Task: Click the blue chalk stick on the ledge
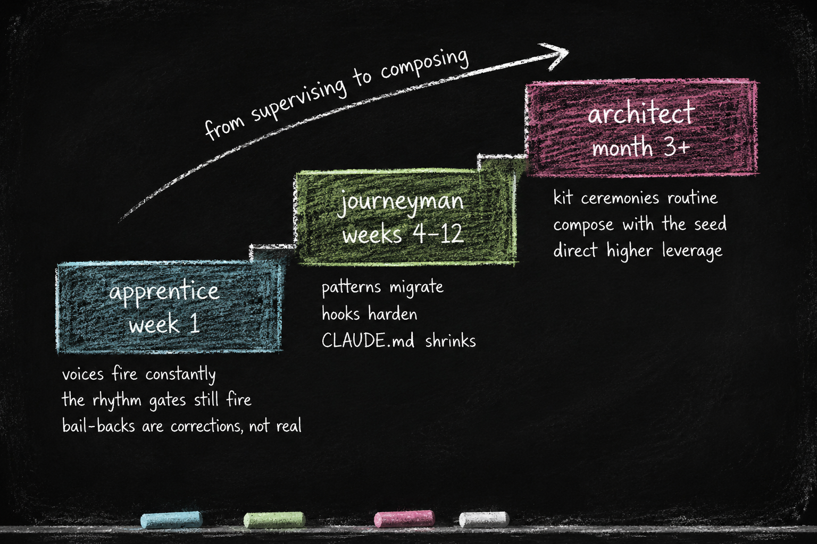pos(171,520)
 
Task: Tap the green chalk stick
pos(274,520)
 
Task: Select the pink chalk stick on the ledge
pos(404,519)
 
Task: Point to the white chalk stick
pos(484,520)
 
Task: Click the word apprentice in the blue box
pos(164,292)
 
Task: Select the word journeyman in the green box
pos(400,202)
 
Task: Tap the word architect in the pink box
pos(641,113)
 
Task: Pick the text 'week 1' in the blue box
pos(164,324)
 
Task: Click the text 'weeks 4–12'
pos(403,234)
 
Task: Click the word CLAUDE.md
pos(368,341)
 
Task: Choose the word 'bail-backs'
pos(98,426)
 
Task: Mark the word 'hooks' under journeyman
pos(340,314)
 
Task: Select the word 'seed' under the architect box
pos(710,224)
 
